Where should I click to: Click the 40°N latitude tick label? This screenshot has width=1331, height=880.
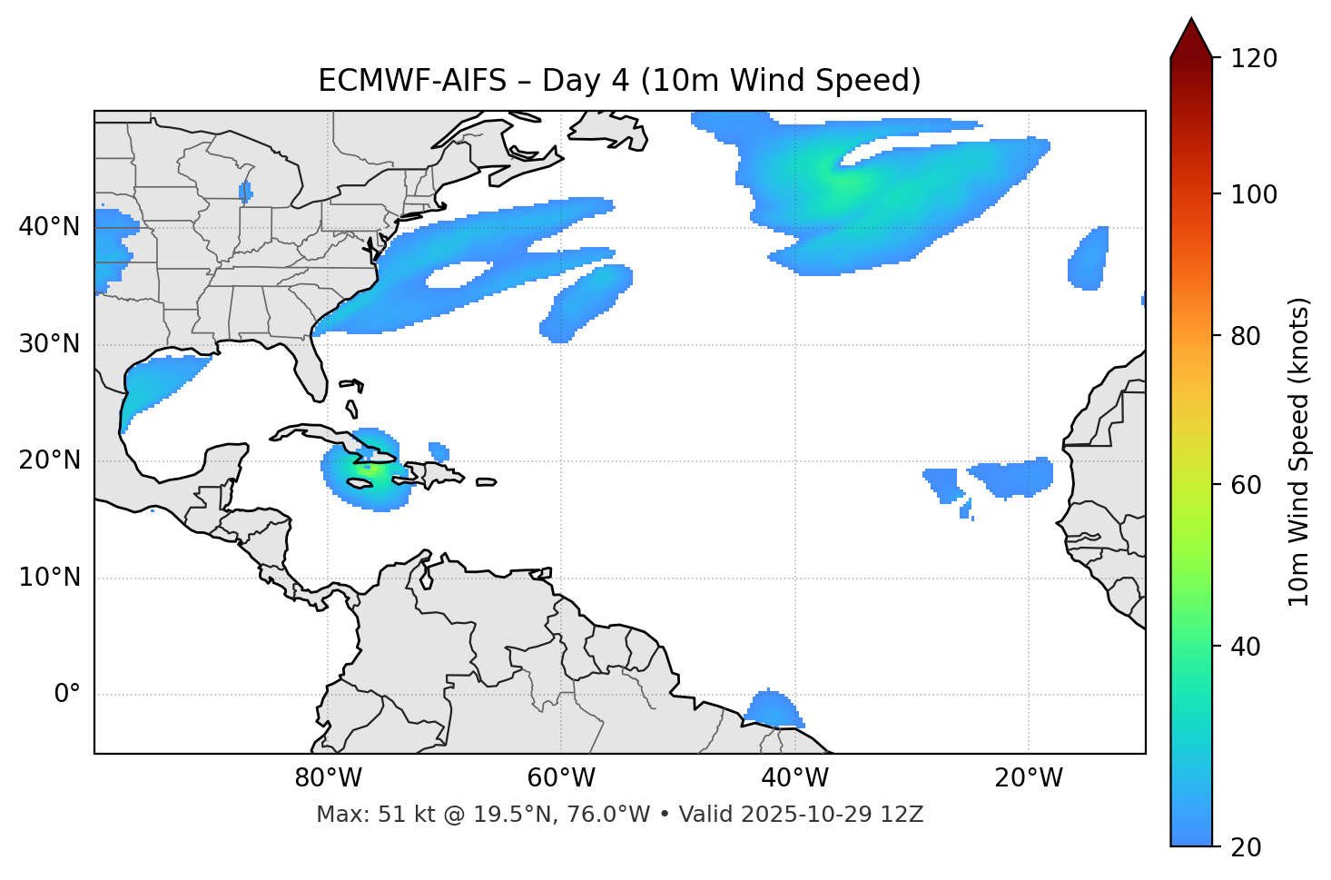coord(49,226)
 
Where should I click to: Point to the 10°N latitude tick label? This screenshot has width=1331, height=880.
coord(49,578)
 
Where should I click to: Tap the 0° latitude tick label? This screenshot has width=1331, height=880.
coord(67,695)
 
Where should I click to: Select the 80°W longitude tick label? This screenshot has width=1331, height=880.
coord(328,778)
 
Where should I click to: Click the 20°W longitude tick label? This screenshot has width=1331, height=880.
coord(1029,778)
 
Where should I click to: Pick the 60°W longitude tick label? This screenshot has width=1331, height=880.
coord(561,778)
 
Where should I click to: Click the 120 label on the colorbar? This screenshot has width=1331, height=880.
coord(1254,59)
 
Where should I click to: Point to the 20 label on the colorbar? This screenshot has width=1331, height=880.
coord(1246,847)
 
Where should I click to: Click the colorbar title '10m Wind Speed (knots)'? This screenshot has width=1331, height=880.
coord(1299,451)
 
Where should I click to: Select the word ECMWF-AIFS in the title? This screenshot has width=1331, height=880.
coord(411,81)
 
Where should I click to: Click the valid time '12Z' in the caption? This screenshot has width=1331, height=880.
coord(904,815)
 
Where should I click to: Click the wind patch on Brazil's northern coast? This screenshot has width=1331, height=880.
coord(772,709)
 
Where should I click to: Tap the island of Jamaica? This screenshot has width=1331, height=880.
coord(360,484)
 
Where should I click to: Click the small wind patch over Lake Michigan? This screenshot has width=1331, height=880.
coord(245,192)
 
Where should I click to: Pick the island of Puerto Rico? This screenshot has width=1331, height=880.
coord(486,482)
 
